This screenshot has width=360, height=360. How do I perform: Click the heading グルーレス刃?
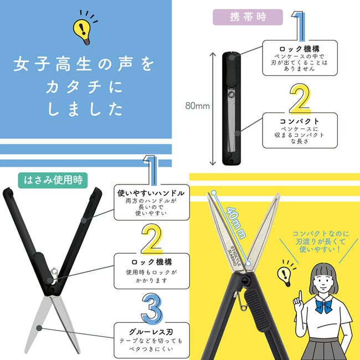click(x=151, y=331)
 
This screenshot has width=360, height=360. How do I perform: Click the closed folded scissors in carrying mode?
click(x=231, y=108)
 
